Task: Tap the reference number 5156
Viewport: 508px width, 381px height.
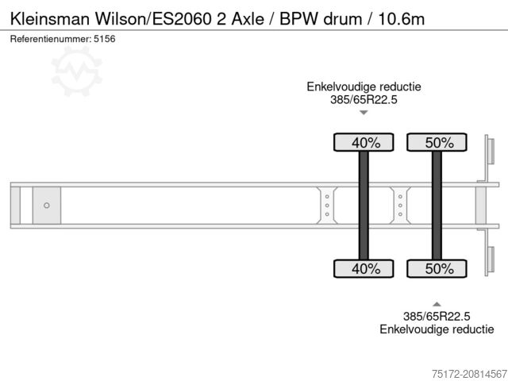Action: click(104, 38)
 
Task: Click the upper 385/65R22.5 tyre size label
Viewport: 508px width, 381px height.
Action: click(364, 99)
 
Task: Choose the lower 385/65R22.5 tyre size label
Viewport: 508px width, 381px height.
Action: click(437, 316)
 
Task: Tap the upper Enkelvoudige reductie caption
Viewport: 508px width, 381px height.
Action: click(364, 87)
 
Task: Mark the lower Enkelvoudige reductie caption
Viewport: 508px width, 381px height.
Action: click(437, 329)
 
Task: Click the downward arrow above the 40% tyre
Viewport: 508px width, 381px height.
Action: click(364, 113)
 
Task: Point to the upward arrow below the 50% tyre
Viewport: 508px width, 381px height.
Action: click(437, 302)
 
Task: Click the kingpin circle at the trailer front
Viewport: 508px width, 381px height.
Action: click(47, 205)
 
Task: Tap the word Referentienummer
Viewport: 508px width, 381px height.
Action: click(50, 38)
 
